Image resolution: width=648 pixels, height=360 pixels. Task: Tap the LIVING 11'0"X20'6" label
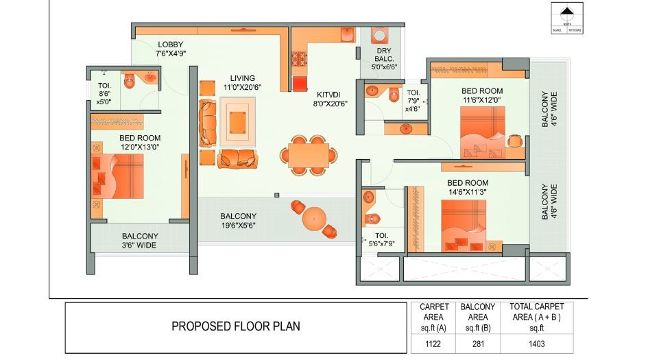pyautogui.click(x=243, y=82)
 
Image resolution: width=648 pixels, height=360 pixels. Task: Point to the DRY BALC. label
pyautogui.click(x=384, y=58)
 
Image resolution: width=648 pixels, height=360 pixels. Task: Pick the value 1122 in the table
pyautogui.click(x=433, y=342)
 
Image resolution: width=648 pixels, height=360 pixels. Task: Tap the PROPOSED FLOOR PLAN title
pyautogui.click(x=235, y=326)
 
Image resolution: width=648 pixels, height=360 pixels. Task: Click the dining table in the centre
pyautogui.click(x=308, y=155)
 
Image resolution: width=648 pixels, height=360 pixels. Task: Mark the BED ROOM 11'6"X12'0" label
pyautogui.click(x=481, y=95)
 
